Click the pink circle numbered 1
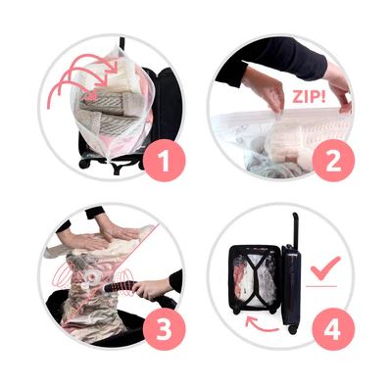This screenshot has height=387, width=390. point(164,160)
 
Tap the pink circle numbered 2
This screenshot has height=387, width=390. point(333,160)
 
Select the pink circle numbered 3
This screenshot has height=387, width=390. point(164,329)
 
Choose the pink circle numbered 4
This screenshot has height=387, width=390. point(333,329)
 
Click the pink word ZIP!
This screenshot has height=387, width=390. point(309,97)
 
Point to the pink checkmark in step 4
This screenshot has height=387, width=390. point(325,267)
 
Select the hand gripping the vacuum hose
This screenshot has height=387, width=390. point(151,288)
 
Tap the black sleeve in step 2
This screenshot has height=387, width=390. point(272,61)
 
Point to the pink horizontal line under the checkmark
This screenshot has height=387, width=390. point(321,286)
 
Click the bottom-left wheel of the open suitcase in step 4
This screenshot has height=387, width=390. point(236,312)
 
